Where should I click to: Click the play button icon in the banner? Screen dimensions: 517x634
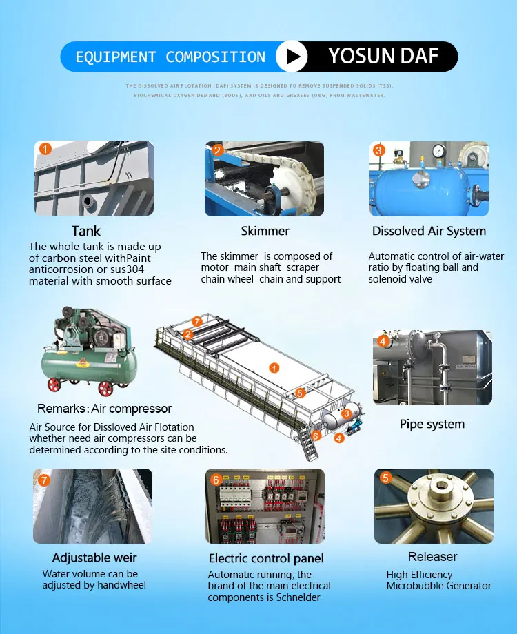(x=292, y=57)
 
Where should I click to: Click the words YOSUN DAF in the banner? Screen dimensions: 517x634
(x=383, y=56)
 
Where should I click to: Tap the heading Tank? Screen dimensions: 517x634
(x=86, y=231)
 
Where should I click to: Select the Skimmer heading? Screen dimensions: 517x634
(x=265, y=231)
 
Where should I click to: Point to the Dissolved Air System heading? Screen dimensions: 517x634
(x=429, y=231)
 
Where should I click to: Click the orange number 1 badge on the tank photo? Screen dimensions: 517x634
(x=45, y=150)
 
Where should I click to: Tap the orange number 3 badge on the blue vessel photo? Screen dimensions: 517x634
(x=378, y=150)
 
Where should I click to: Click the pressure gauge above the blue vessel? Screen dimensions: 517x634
(x=438, y=152)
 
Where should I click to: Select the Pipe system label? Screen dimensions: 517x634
(x=432, y=424)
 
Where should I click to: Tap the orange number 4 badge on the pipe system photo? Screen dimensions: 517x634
(x=383, y=342)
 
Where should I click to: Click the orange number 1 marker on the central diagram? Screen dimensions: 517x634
(x=274, y=369)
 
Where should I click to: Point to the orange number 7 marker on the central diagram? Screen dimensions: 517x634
(x=196, y=321)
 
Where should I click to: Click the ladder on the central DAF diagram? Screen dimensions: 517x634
(x=308, y=443)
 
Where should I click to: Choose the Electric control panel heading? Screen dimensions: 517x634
(x=266, y=558)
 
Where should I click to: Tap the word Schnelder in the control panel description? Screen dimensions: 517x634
(x=298, y=597)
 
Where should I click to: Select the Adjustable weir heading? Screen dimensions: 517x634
(x=94, y=558)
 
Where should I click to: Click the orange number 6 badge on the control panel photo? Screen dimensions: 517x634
(x=216, y=480)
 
